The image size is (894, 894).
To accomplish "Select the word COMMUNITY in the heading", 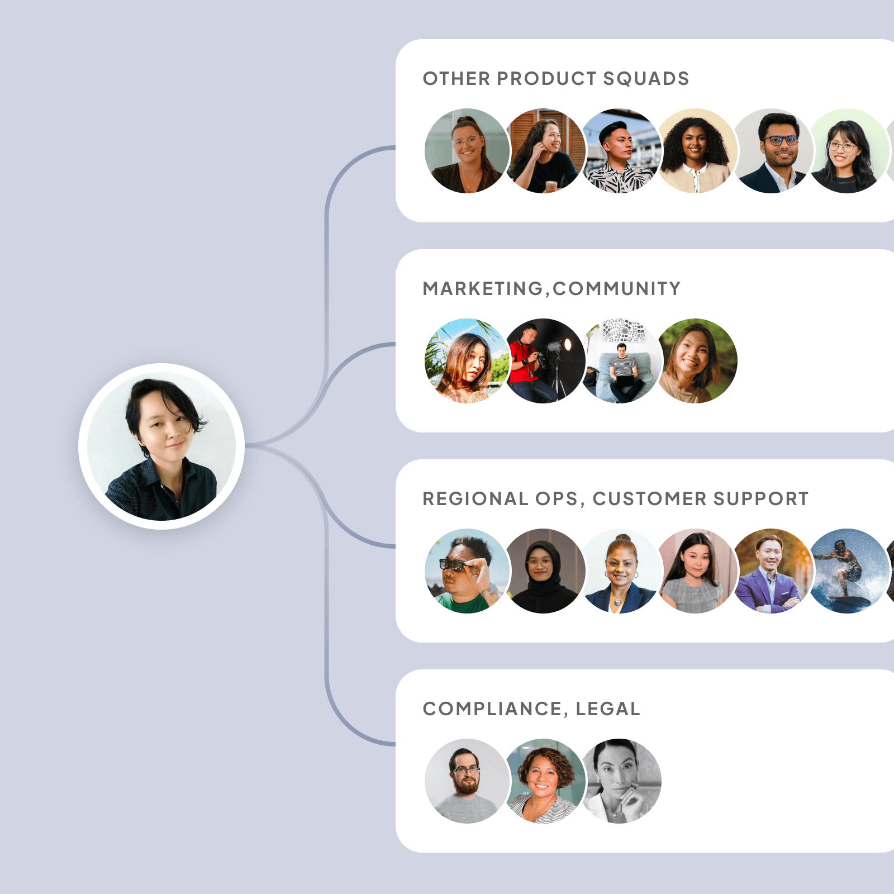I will click(617, 289).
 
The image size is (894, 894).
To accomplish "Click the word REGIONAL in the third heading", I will click(475, 498).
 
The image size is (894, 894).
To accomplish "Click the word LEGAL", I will click(608, 708).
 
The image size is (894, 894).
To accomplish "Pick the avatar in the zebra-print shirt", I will click(620, 151).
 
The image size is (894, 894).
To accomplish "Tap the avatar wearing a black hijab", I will click(543, 571).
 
